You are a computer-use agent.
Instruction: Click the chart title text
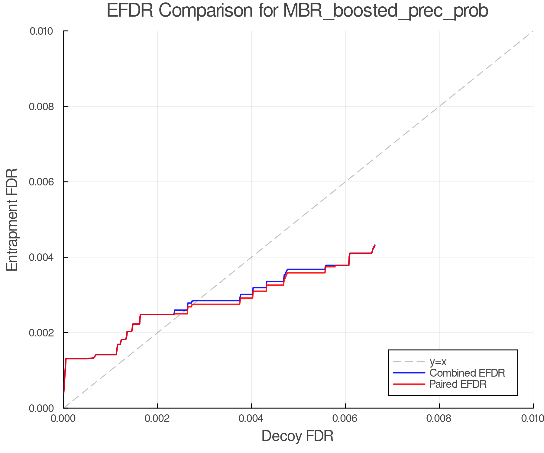tap(297, 11)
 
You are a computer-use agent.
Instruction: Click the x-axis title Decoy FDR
tap(297, 436)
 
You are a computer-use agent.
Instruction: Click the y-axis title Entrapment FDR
tap(12, 220)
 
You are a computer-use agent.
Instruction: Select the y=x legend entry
tap(438, 361)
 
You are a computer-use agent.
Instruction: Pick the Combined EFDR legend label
tap(467, 373)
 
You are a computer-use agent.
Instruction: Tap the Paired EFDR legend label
tap(458, 384)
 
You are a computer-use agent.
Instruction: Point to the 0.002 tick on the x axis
tap(157, 419)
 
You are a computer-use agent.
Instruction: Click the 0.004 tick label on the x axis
tap(251, 419)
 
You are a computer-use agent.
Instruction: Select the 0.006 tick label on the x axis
tap(345, 419)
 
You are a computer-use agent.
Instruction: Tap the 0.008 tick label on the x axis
tap(439, 419)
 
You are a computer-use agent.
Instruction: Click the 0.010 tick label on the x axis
tap(533, 419)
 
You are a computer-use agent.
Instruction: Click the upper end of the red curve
tap(375, 245)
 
